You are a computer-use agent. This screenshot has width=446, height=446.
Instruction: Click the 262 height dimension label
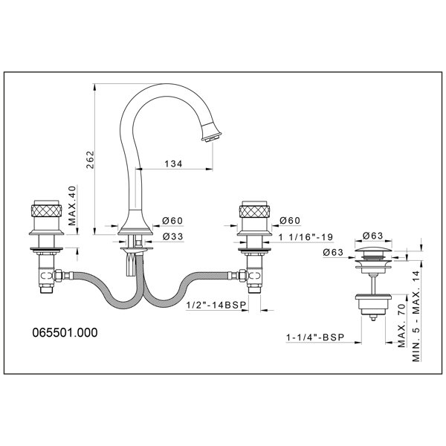click(90, 160)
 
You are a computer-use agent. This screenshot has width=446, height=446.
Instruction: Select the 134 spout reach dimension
click(173, 164)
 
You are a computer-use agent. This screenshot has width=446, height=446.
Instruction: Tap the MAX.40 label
click(72, 205)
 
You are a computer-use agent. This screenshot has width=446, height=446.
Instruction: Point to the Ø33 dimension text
click(173, 236)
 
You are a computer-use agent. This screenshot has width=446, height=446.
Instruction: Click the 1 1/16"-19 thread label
click(306, 237)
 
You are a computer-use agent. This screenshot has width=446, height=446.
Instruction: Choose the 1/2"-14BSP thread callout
click(216, 306)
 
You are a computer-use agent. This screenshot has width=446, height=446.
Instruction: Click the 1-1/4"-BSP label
click(315, 337)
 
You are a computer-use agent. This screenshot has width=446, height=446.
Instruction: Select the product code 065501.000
click(65, 332)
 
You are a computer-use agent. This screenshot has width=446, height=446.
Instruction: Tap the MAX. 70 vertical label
click(401, 326)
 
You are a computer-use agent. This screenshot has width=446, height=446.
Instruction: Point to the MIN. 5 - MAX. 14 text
click(416, 316)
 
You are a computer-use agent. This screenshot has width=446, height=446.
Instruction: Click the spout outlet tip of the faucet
click(211, 138)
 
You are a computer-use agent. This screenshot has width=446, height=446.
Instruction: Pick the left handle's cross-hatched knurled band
click(46, 211)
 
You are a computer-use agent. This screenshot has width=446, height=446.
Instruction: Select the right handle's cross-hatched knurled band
click(254, 211)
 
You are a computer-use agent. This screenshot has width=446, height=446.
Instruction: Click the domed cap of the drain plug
click(373, 252)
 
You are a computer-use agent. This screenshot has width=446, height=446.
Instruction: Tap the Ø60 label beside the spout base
click(172, 221)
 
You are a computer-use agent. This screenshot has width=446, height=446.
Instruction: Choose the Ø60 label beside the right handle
click(290, 221)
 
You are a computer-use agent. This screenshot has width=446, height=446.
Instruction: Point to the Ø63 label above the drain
click(373, 236)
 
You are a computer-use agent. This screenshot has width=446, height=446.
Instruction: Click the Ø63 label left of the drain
click(333, 252)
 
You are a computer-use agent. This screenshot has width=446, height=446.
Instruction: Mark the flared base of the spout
click(135, 224)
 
